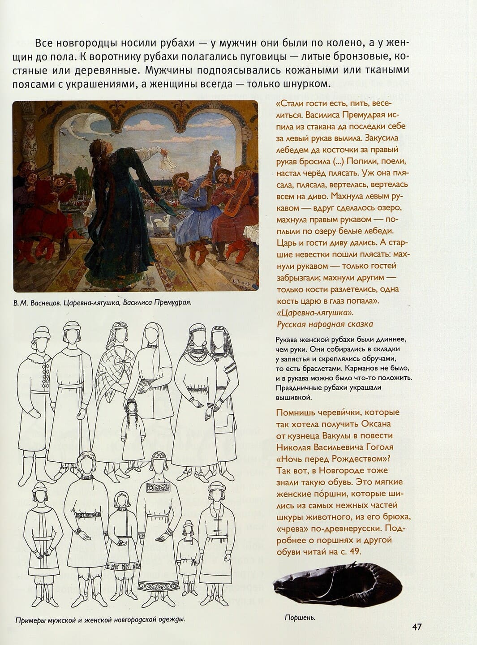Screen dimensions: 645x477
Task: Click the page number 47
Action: tap(417, 627)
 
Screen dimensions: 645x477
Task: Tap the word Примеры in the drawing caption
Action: tap(30, 620)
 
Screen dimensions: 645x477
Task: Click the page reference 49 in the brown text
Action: tap(354, 552)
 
